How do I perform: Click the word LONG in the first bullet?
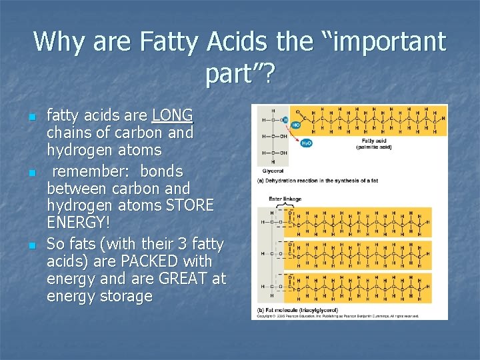172,115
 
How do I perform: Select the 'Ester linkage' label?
285,199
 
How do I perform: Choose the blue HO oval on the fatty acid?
295,125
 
